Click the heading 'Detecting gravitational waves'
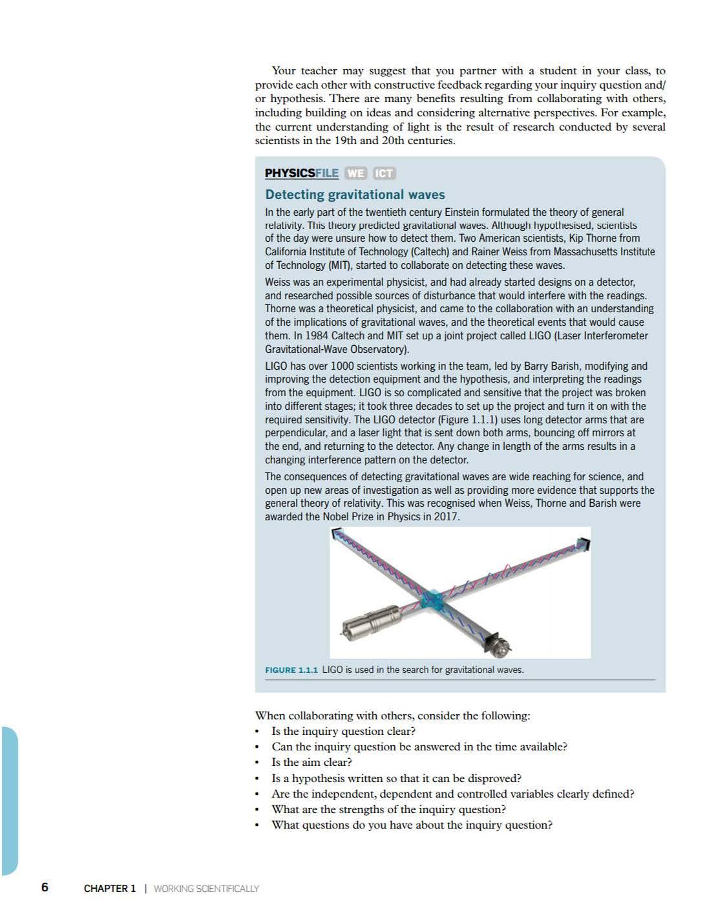coord(355,195)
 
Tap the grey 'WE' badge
coord(355,173)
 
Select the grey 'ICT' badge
coord(384,173)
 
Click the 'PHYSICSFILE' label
coord(301,173)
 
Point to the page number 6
coord(45,887)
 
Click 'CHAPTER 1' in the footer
coord(110,888)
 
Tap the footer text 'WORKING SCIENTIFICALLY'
coord(206,889)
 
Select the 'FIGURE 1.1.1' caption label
coord(291,670)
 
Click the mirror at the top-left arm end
coord(337,533)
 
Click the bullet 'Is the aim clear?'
coord(311,762)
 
